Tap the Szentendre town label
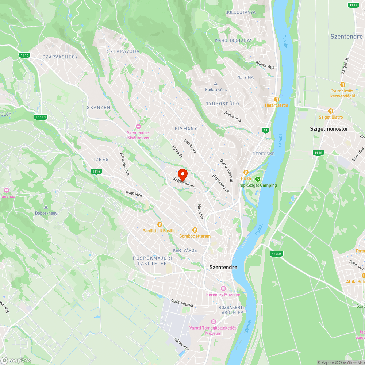point(223,267)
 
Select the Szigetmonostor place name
point(329,129)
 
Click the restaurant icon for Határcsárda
point(277,99)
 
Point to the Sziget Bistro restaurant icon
point(331,111)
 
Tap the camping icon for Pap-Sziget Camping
point(258,179)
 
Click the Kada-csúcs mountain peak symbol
point(215,84)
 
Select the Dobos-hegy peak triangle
point(46,207)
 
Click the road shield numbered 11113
point(41,117)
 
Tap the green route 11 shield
point(265,130)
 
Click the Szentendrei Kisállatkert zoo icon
point(138,126)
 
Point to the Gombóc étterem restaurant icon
point(195,230)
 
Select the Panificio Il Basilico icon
point(160,224)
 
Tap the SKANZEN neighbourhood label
point(99,108)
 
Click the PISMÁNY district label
point(186,128)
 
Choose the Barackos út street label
point(221,183)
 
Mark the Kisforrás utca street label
point(124,164)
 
